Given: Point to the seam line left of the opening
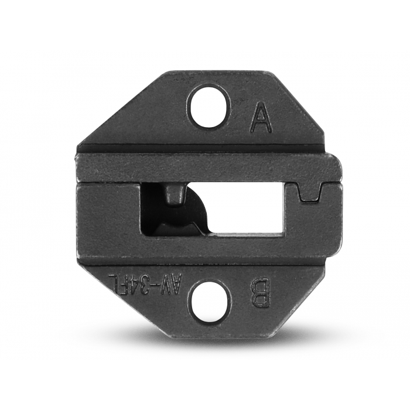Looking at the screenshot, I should pos(108,183).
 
